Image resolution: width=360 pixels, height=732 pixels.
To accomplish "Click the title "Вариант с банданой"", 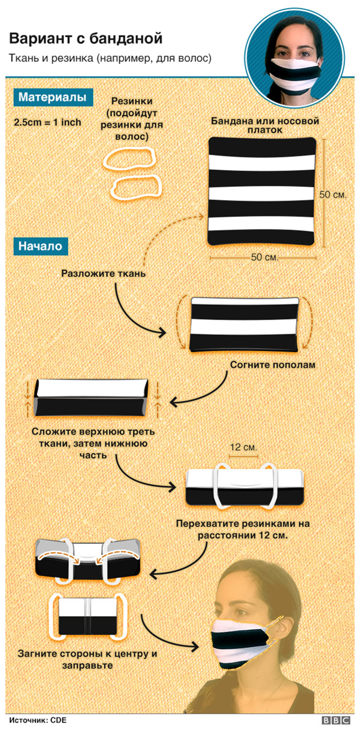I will click(x=85, y=39).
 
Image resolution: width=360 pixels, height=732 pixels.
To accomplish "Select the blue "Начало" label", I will click(x=40, y=246).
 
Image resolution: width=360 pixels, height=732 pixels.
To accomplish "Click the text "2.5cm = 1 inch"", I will click(x=47, y=122).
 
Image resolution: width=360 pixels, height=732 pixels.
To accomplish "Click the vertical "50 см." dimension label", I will click(x=333, y=194).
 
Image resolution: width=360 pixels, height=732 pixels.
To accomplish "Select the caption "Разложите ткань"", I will click(x=104, y=273).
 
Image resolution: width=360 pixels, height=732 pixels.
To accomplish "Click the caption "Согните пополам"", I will click(x=272, y=365).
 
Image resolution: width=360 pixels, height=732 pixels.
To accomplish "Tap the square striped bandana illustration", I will click(x=262, y=191).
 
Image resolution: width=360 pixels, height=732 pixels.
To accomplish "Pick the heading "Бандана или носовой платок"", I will click(x=264, y=126).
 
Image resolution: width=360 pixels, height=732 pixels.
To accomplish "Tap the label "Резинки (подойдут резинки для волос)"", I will click(x=133, y=119).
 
